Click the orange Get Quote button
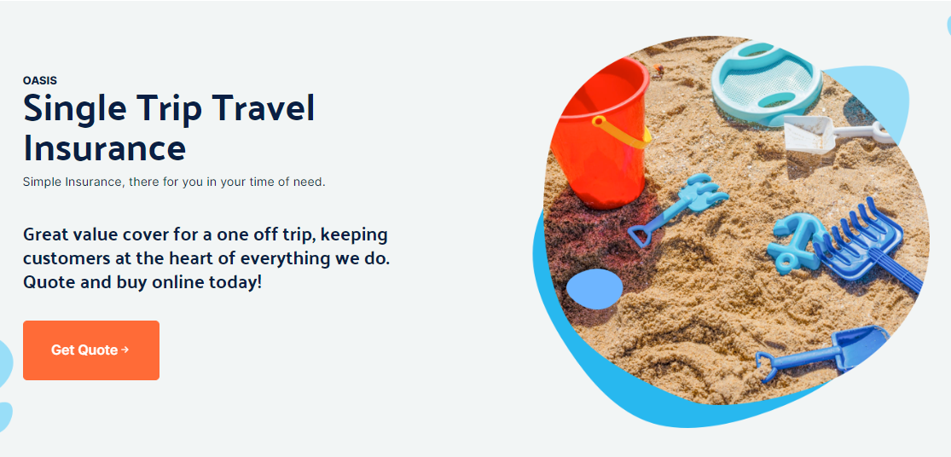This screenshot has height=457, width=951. (x=91, y=350)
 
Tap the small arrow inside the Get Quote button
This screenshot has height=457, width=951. (x=125, y=350)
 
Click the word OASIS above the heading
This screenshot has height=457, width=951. (x=40, y=81)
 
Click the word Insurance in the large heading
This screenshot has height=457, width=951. (x=104, y=148)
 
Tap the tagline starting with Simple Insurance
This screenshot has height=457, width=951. (x=174, y=182)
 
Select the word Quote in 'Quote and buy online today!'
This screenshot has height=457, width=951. (x=47, y=282)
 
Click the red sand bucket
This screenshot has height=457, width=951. (x=600, y=133)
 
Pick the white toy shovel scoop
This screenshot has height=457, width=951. (x=809, y=134)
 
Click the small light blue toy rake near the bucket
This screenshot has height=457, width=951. (x=678, y=209)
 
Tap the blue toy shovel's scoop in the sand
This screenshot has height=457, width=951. (x=861, y=346)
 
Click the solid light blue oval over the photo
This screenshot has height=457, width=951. (x=594, y=289)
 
